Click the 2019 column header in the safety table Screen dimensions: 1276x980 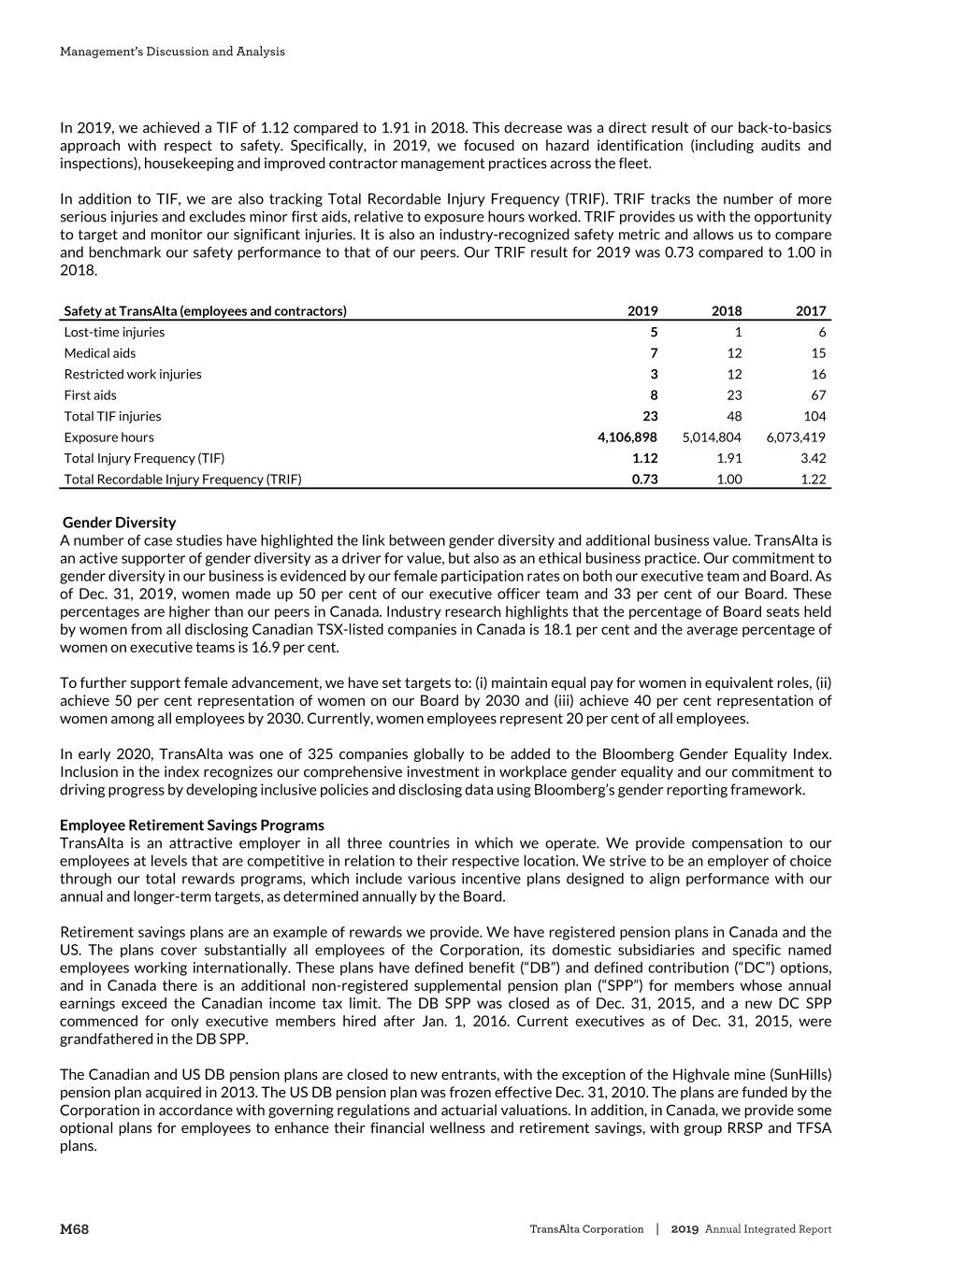[642, 311]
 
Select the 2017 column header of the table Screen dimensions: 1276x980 [811, 311]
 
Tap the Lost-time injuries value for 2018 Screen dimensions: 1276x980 [738, 332]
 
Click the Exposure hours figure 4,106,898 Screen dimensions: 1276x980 [627, 437]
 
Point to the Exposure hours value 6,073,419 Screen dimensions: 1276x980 [796, 437]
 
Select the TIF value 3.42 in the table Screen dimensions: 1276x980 [811, 458]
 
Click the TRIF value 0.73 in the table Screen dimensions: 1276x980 [643, 480]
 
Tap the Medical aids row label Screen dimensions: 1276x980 [100, 353]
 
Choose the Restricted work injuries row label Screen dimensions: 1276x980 [133, 374]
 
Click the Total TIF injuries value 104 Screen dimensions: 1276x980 [814, 416]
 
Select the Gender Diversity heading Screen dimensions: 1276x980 [119, 523]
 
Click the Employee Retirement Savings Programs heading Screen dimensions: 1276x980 [192, 825]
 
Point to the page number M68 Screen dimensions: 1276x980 [75, 1229]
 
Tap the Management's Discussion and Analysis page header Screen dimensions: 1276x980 [173, 51]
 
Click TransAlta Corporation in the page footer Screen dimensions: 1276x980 [586, 1229]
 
